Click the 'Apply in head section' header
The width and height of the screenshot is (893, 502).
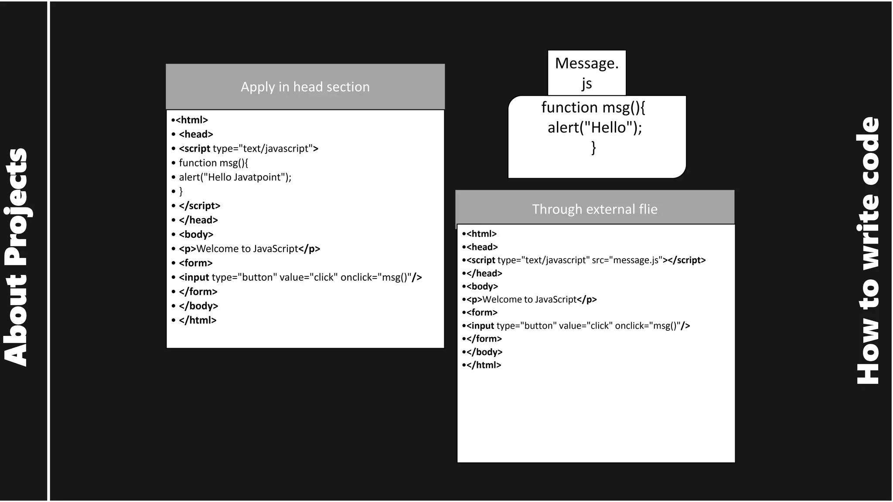click(305, 87)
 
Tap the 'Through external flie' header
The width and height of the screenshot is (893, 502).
click(594, 209)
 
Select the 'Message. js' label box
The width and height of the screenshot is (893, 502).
click(586, 73)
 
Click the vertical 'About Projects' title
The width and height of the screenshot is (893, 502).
click(16, 257)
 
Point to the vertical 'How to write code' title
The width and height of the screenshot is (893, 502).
click(868, 251)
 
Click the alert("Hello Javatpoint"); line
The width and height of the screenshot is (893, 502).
click(235, 177)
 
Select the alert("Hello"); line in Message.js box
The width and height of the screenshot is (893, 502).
click(595, 127)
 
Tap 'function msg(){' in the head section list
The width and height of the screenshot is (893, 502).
click(213, 163)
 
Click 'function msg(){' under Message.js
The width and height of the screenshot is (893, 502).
click(593, 107)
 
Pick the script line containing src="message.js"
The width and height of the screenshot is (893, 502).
click(586, 260)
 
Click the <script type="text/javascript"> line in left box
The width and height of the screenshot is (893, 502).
click(248, 148)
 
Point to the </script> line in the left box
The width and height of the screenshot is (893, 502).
click(199, 206)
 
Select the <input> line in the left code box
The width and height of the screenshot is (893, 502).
click(300, 277)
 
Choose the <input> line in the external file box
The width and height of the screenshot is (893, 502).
click(578, 326)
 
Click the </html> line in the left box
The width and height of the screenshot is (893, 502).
click(198, 320)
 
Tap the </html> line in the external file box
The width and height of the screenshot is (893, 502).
click(484, 365)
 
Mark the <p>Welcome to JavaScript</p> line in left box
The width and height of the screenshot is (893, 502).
click(249, 249)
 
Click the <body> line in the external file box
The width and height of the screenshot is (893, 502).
click(482, 286)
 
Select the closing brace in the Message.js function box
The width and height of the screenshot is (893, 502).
click(593, 147)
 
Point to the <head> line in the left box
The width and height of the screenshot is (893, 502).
click(196, 134)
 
